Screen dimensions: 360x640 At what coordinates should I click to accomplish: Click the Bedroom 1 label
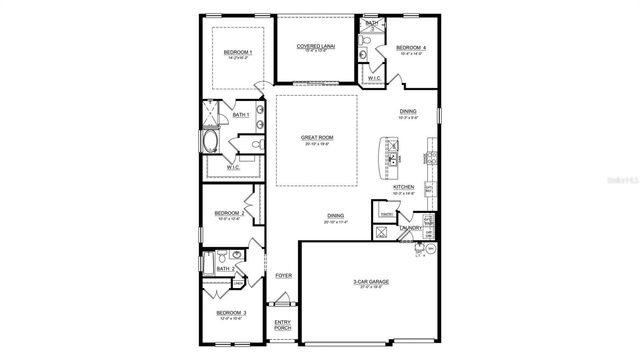(237, 51)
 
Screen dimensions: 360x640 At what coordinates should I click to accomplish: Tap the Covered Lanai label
(316, 45)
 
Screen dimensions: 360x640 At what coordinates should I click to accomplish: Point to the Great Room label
(316, 138)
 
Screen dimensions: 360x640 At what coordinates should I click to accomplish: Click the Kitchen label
(403, 187)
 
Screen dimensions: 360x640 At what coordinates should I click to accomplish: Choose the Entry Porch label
(283, 324)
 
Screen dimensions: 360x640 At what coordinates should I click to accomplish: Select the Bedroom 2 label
(229, 213)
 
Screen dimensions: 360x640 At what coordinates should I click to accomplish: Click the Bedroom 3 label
(232, 313)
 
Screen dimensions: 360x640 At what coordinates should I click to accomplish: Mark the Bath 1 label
(240, 115)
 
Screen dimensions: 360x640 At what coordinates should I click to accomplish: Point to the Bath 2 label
(226, 269)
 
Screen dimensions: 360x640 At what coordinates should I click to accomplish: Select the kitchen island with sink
(390, 156)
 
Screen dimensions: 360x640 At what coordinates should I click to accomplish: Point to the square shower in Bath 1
(212, 116)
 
